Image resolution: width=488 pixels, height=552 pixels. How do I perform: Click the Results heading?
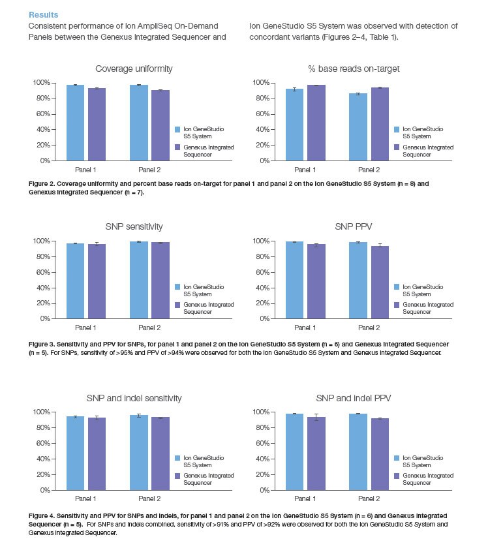coord(43,14)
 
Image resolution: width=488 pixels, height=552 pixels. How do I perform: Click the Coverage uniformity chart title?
coord(128,69)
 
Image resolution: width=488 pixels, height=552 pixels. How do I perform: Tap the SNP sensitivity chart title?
coord(129,226)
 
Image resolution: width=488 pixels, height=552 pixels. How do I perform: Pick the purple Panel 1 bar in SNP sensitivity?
coord(97,281)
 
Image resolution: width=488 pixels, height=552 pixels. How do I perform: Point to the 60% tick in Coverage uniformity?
coord(40,114)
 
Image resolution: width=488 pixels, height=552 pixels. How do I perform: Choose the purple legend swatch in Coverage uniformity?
coord(177,147)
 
